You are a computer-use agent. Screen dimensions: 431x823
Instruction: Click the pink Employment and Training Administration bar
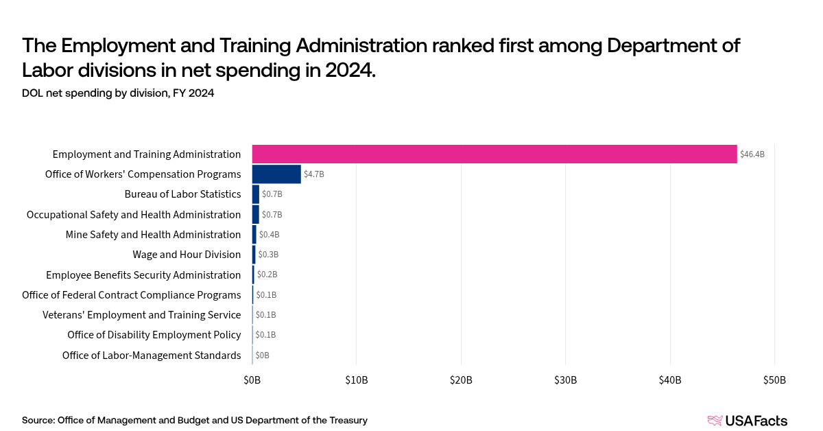[494, 154]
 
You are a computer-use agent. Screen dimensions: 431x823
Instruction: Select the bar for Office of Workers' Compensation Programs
[276, 174]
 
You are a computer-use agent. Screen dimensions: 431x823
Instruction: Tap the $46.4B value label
[752, 154]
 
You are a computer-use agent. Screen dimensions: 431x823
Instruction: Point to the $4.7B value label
[314, 174]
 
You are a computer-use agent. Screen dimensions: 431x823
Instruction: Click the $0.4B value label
[269, 235]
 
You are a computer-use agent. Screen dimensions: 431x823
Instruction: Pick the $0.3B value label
[268, 255]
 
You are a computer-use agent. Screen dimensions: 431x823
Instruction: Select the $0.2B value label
[267, 275]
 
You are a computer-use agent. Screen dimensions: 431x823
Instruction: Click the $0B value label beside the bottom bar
[262, 356]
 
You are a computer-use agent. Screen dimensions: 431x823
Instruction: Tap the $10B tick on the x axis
[356, 380]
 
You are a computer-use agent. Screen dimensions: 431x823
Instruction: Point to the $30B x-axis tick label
[565, 380]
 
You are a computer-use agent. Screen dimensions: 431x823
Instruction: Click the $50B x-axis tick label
[774, 380]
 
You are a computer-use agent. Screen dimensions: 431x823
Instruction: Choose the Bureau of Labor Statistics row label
[182, 194]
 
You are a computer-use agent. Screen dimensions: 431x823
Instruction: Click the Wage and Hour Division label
[187, 255]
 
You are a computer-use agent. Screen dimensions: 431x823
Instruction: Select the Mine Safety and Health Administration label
[153, 235]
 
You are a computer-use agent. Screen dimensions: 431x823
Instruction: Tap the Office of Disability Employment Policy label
[154, 335]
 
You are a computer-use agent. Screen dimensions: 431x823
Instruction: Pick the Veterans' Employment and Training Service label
[141, 315]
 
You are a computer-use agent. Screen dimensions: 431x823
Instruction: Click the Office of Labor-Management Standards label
[151, 356]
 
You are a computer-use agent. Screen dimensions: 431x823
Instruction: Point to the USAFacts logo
[747, 421]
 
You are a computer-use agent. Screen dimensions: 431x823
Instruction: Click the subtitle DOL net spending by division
[118, 93]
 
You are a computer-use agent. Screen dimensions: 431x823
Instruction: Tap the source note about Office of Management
[195, 420]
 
